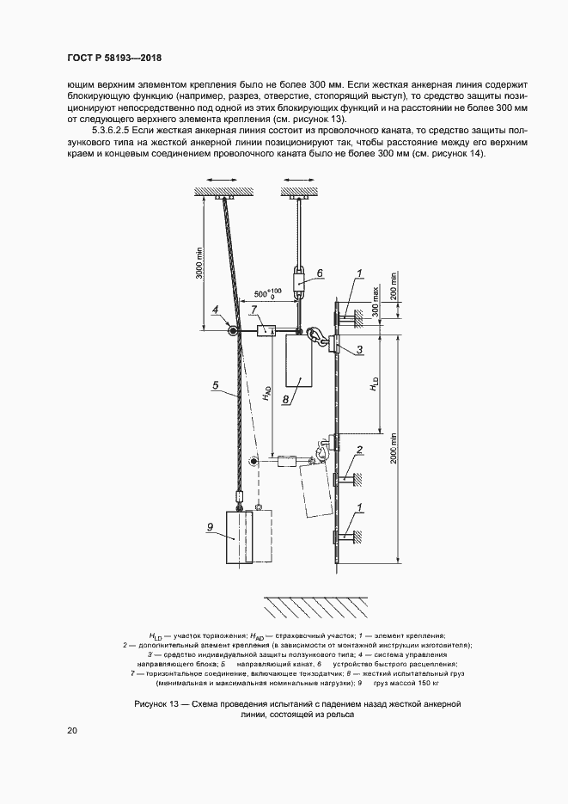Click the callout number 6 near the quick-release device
[x=319, y=273]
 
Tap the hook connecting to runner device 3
[x=319, y=336]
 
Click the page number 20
[x=71, y=731]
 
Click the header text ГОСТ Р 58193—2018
[x=114, y=58]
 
